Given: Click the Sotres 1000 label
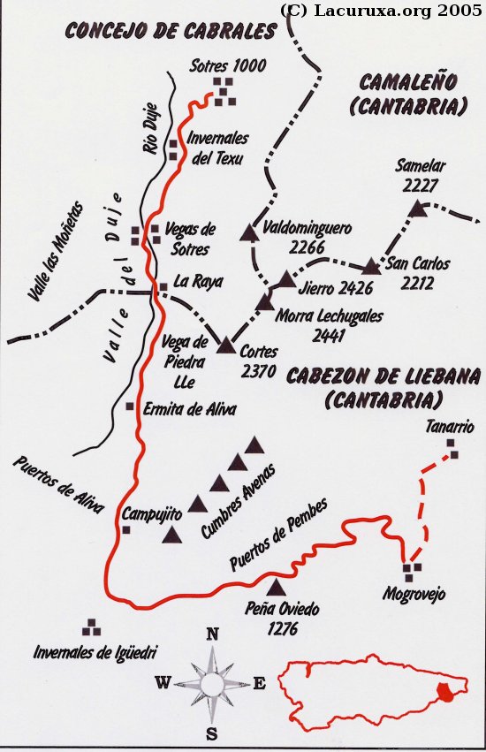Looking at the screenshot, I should point(229,66).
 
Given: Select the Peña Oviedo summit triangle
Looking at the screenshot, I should point(277,588).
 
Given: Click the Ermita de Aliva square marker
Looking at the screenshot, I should point(130,406).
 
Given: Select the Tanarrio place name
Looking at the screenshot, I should point(450,427).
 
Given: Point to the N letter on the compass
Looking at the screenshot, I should point(212,634).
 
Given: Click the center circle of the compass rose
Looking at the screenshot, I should point(212,684).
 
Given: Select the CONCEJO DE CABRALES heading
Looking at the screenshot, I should point(171,31).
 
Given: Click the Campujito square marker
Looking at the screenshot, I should point(126,529).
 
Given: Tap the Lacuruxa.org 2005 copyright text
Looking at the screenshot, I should point(381,11).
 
